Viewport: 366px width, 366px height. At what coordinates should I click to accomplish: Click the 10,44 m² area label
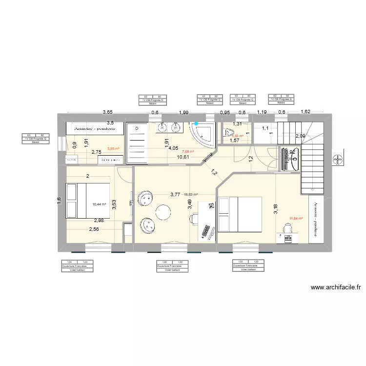(100, 205)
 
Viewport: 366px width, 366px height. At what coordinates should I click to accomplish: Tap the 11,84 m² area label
(296, 219)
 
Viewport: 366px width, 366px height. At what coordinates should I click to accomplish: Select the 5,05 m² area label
(113, 148)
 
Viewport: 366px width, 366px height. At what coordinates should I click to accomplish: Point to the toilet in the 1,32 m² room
(228, 132)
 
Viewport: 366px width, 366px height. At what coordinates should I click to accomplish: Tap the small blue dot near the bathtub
(196, 124)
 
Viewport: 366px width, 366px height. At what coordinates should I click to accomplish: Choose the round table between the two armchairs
(163, 212)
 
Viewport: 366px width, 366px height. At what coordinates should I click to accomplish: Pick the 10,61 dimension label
(183, 157)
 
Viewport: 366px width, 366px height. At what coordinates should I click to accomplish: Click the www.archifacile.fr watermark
(335, 288)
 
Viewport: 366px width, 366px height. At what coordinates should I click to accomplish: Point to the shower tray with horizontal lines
(138, 142)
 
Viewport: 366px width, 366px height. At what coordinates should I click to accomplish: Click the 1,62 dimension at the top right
(305, 112)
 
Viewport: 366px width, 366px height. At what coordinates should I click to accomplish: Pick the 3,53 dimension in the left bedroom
(114, 204)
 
